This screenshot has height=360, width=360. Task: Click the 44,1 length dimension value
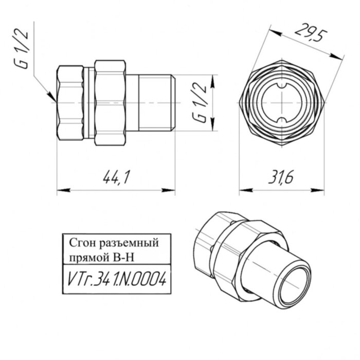(116, 178)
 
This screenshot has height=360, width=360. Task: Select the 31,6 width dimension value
(281, 178)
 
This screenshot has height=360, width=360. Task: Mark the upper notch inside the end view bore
(281, 85)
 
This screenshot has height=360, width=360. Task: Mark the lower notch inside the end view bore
(281, 120)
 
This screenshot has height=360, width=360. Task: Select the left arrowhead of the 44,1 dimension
(60, 190)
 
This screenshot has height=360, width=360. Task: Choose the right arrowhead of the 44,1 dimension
(172, 190)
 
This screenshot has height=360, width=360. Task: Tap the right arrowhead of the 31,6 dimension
(319, 190)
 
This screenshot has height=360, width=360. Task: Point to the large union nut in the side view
(111, 103)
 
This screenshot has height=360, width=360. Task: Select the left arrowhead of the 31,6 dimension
(243, 190)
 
